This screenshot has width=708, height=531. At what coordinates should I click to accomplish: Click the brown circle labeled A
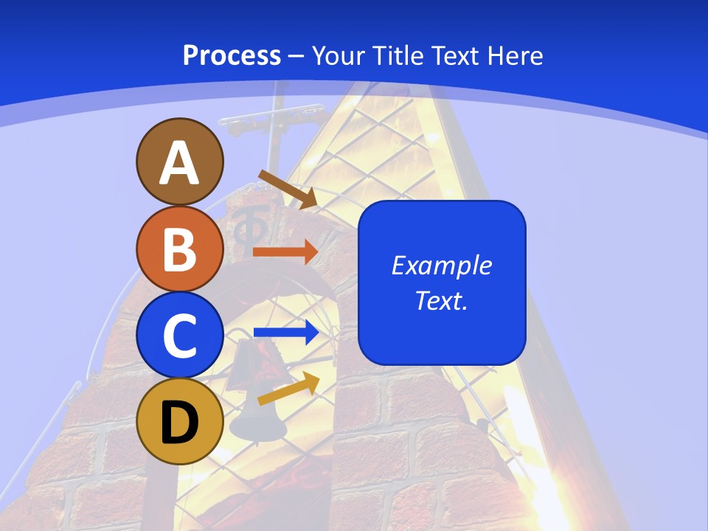coord(179,162)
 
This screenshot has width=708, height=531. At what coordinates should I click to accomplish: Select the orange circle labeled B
coord(179,249)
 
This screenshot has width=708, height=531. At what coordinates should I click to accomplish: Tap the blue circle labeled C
coord(179,335)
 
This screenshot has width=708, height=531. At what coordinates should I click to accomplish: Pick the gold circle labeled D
coord(179,421)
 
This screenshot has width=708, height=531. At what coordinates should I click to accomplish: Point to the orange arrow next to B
coord(285,251)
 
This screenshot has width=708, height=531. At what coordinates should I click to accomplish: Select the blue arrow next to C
coord(286,333)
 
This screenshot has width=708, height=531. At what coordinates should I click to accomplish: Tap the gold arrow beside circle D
coord(288,389)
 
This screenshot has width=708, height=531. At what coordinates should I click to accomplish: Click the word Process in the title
coord(232,55)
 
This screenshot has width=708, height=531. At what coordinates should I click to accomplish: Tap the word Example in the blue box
coord(441,265)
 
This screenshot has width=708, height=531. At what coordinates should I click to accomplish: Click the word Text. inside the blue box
coord(441,300)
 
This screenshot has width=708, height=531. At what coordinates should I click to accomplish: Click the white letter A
coord(179,163)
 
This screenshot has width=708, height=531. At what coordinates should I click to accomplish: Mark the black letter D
coord(179,423)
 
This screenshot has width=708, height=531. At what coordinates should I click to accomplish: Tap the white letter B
coord(179,249)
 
